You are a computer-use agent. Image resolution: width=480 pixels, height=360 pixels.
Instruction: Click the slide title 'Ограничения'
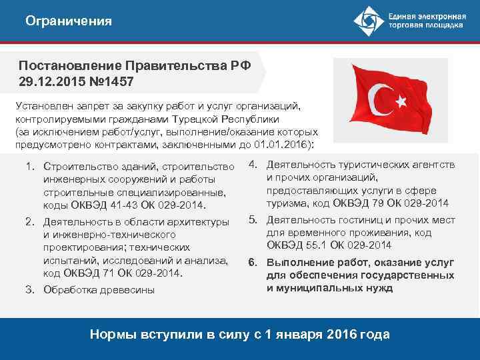(x=69, y=21)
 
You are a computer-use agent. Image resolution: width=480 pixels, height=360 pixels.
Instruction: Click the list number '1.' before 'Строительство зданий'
(x=30, y=166)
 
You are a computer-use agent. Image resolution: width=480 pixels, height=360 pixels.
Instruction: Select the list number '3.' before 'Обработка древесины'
(x=30, y=290)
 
